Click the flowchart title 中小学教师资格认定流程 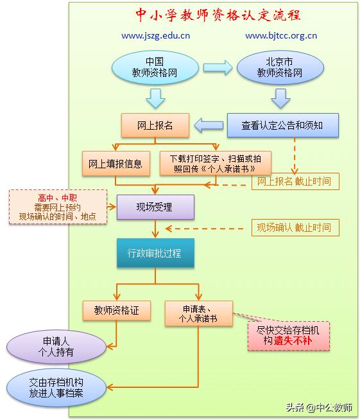pyautogui.click(x=218, y=14)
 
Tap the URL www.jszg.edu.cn pyautogui.click(x=155, y=36)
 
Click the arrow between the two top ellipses pyautogui.click(x=218, y=67)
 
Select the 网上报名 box pyautogui.click(x=155, y=125)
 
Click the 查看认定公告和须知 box pyautogui.click(x=282, y=125)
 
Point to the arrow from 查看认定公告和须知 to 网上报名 pyautogui.click(x=209, y=125)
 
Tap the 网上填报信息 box pyautogui.click(x=116, y=163)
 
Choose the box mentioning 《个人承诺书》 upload pyautogui.click(x=216, y=163)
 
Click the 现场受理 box pyautogui.click(x=154, y=207)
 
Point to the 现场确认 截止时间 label pyautogui.click(x=294, y=227)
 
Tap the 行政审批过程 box pyautogui.click(x=154, y=253)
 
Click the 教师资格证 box pyautogui.click(x=117, y=310)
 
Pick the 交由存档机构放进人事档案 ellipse pyautogui.click(x=56, y=387)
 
